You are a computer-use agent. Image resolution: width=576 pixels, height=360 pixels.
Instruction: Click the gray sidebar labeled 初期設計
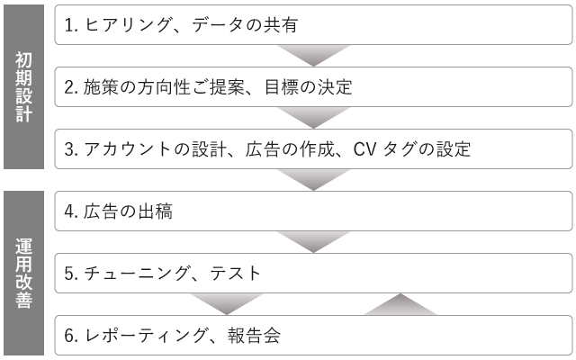26,86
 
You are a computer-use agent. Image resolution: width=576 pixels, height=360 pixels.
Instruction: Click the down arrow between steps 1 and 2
312,56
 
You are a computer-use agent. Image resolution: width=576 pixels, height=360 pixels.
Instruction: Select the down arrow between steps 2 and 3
312,118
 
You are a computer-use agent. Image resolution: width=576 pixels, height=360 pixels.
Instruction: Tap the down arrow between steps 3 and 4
312,180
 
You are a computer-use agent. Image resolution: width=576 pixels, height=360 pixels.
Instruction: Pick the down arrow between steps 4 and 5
312,242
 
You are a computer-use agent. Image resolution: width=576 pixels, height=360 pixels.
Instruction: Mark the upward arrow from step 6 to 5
400,304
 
